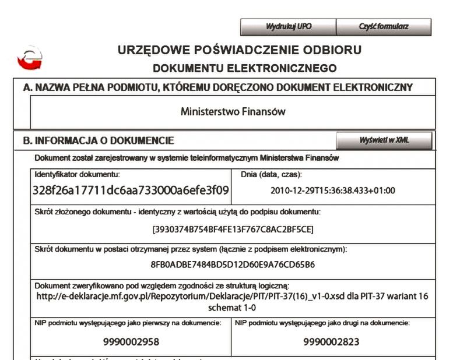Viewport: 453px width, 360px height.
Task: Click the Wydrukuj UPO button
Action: click(288, 27)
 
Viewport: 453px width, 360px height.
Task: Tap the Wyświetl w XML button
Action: click(384, 140)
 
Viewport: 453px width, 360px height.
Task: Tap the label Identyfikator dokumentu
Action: click(77, 174)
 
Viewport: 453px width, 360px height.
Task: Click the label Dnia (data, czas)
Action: click(271, 174)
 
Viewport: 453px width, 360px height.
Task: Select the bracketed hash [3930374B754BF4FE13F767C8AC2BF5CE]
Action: click(233, 229)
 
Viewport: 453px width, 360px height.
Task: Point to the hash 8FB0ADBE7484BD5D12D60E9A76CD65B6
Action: click(233, 264)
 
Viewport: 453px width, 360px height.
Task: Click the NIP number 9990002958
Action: click(131, 341)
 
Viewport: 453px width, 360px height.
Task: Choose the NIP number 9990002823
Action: click(332, 341)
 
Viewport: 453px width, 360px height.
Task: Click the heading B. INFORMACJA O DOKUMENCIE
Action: click(99, 141)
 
